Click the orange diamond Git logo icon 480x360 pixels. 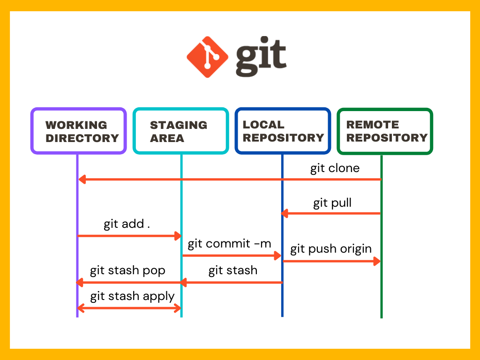(x=208, y=57)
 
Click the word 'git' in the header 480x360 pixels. (x=261, y=58)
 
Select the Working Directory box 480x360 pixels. (x=78, y=131)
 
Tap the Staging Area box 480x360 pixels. (x=180, y=131)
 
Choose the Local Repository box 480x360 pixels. (x=283, y=131)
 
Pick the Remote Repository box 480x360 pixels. (x=385, y=131)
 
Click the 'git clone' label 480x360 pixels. (x=335, y=168)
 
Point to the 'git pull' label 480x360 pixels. (x=332, y=203)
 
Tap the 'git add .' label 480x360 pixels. (x=127, y=224)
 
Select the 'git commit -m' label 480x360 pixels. (x=229, y=244)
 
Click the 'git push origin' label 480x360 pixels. (x=330, y=249)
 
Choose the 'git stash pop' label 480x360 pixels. (x=127, y=271)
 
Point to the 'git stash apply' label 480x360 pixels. (x=132, y=296)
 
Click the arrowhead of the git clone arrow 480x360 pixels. (x=82, y=179)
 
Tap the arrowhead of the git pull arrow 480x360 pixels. (x=284, y=214)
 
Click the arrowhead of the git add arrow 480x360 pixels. (x=178, y=235)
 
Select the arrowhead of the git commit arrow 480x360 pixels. (x=277, y=255)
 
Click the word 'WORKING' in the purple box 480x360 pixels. (x=76, y=125)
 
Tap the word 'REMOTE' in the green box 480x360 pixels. (x=373, y=125)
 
